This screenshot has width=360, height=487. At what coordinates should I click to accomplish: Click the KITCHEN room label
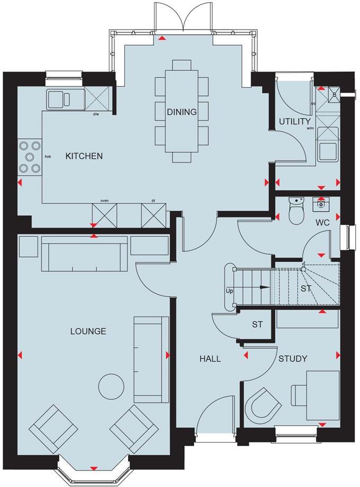click(84, 156)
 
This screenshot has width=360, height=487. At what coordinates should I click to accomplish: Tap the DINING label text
click(182, 112)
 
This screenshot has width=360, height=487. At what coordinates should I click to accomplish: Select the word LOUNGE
click(88, 331)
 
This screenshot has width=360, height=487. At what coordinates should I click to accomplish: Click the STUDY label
click(293, 358)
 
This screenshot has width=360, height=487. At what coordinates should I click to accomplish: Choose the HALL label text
click(210, 358)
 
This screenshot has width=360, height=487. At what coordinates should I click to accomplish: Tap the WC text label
click(322, 223)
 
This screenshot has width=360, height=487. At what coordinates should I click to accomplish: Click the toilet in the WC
click(296, 212)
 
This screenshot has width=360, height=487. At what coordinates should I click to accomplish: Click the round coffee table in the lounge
click(112, 386)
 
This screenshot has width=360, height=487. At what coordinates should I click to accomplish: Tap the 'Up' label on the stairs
click(229, 292)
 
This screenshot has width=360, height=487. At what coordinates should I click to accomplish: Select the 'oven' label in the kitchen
click(104, 201)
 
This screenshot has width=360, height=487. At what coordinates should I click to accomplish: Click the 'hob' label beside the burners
click(47, 157)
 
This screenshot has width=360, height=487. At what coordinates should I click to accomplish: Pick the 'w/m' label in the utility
click(310, 128)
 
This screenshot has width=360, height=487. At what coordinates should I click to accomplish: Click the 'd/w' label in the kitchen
click(96, 114)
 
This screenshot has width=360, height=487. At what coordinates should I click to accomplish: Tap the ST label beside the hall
click(257, 324)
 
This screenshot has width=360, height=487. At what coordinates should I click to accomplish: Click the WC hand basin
click(321, 202)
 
